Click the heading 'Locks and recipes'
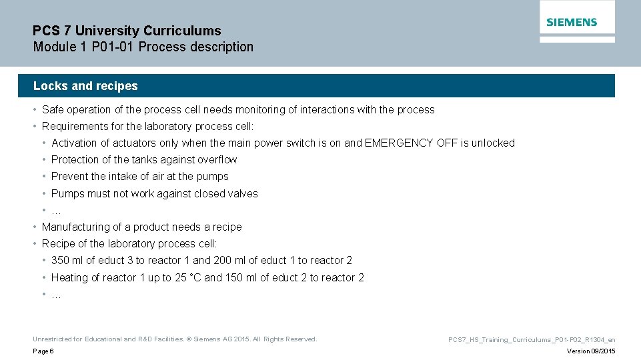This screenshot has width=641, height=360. coord(85,86)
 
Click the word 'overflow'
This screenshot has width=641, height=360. coord(217,160)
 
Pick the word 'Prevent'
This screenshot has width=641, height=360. coord(69,177)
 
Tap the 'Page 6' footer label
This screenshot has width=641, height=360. coord(43,351)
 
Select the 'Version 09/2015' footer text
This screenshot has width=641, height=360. coord(591,351)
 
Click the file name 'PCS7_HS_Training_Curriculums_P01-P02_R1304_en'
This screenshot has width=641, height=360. coord(532,340)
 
